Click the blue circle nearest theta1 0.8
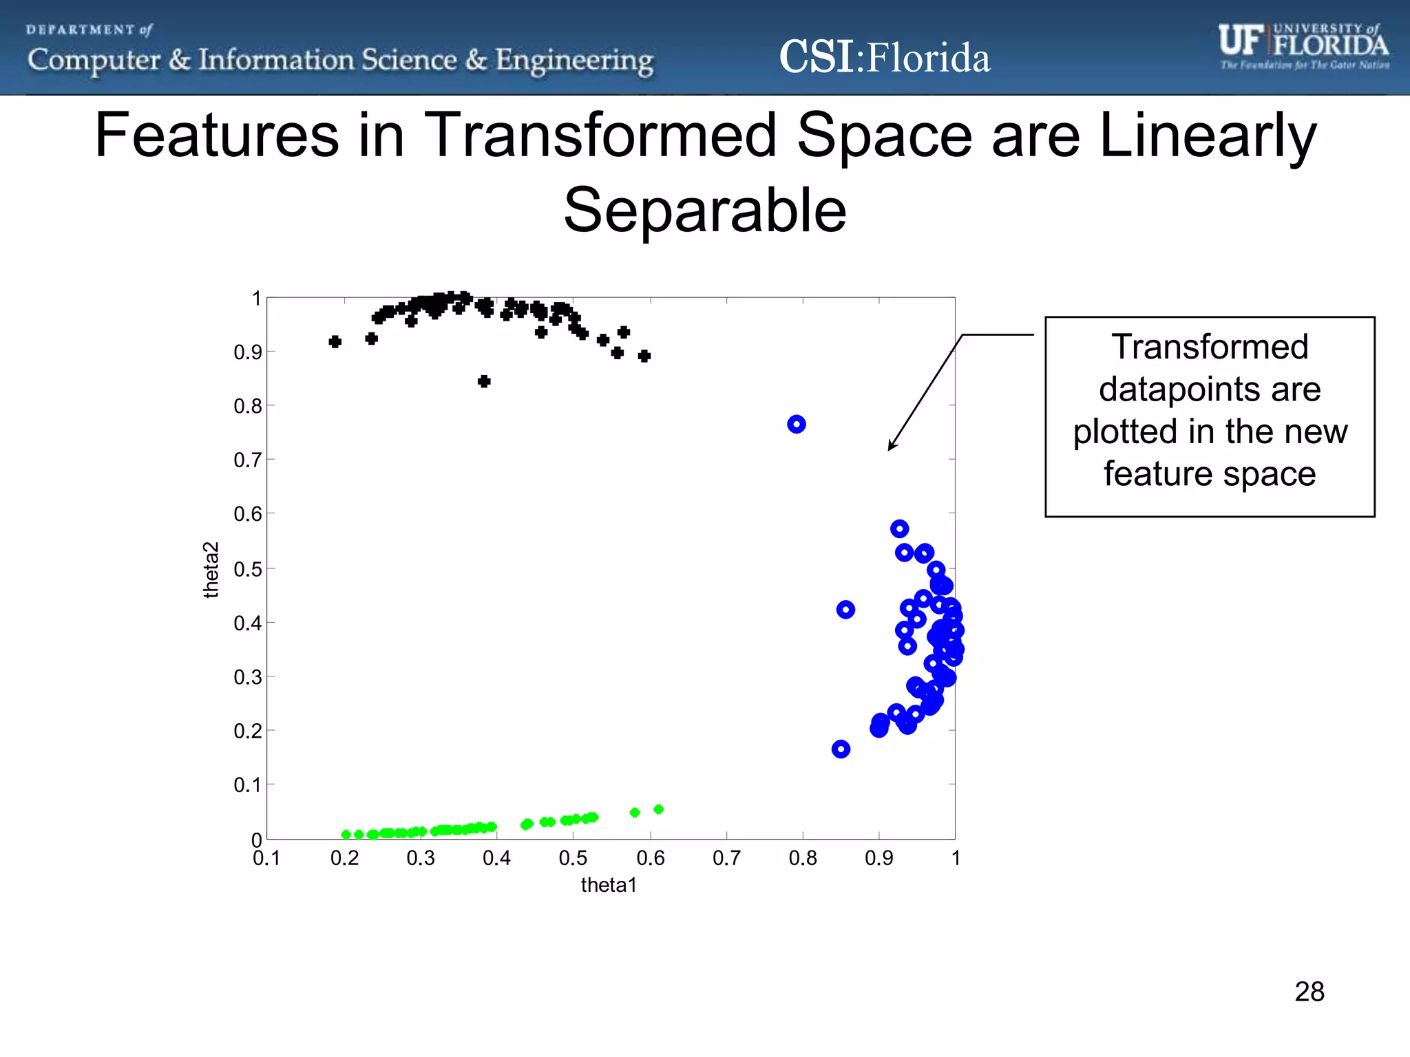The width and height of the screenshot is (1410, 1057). coord(797,425)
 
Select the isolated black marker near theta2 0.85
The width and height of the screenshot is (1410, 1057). coord(484,381)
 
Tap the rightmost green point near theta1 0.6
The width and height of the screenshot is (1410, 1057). coord(658,809)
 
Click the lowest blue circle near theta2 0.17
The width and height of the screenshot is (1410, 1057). coord(841,749)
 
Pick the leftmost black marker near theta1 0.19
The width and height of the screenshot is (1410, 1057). coord(335,342)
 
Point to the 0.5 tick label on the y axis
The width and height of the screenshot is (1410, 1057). coord(248,569)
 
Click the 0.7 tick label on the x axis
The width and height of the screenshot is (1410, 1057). coord(726,858)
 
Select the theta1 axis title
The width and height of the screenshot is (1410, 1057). coord(609,885)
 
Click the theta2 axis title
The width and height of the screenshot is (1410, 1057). coord(211,570)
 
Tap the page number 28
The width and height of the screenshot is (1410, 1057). coord(1309,992)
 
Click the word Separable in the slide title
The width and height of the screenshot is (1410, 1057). coord(704,210)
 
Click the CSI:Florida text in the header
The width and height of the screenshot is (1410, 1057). coord(884,57)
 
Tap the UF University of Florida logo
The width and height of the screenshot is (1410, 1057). coord(1303,46)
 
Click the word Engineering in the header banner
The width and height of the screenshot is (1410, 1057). coord(574,61)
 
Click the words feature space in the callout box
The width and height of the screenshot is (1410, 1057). coord(1210,473)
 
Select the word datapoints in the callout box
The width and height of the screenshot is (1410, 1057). coord(1181,389)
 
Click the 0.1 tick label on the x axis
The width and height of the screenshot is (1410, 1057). coord(266,858)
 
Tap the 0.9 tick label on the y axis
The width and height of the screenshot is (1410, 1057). coord(248,352)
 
